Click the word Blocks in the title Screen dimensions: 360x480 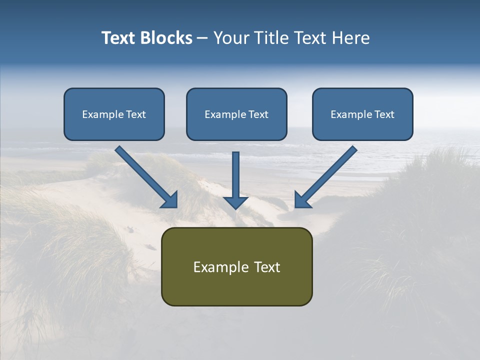point(165,38)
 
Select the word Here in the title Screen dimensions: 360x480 point(350,38)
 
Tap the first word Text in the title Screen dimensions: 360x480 point(118,38)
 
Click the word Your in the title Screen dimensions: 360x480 point(230,38)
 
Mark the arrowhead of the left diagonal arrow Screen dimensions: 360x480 point(170,200)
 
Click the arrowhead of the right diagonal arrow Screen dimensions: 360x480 point(302,200)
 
